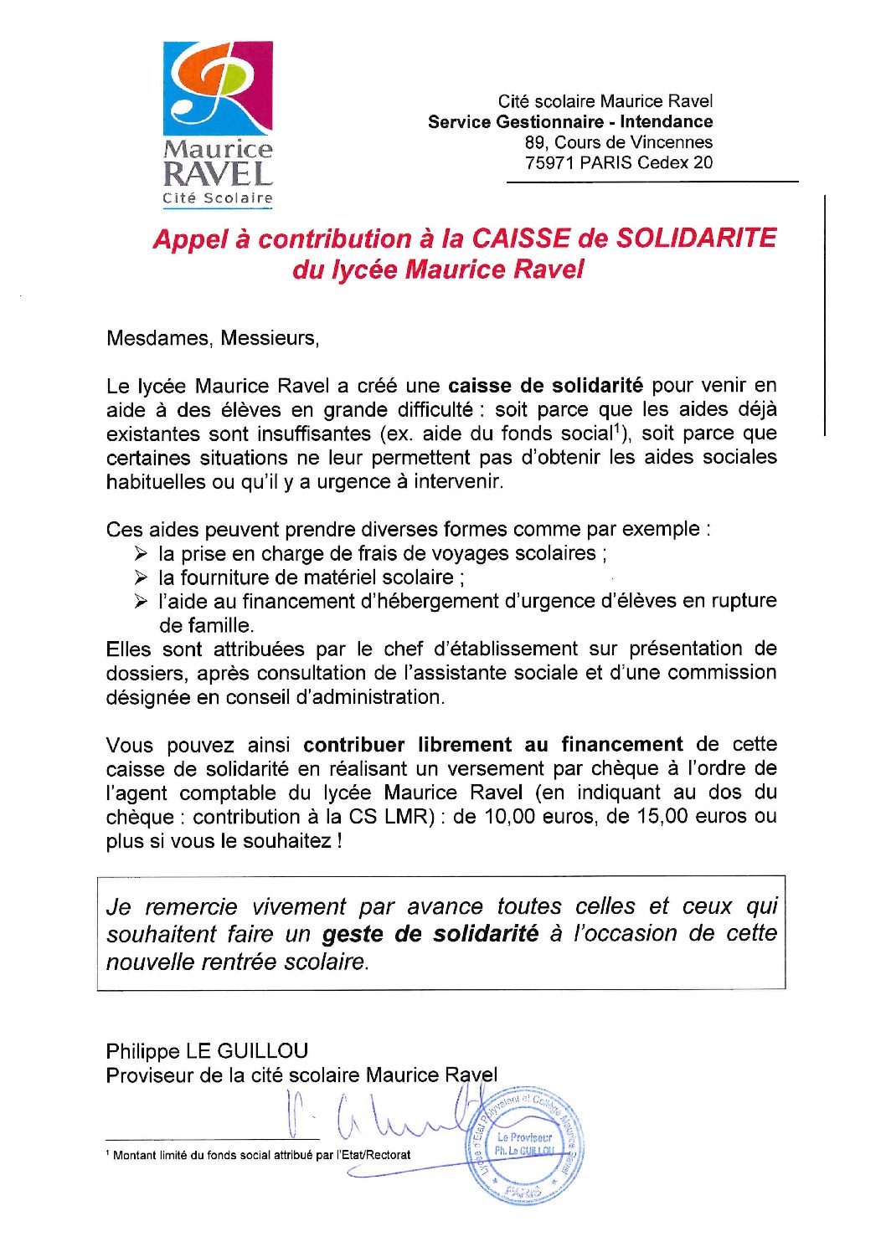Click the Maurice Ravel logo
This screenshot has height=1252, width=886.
(x=218, y=124)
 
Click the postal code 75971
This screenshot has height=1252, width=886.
(x=549, y=163)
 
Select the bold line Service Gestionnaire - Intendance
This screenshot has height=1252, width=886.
(x=570, y=122)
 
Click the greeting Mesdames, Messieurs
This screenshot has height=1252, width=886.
(x=213, y=339)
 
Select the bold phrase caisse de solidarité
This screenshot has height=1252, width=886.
(x=545, y=386)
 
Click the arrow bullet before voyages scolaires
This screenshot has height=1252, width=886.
(x=141, y=554)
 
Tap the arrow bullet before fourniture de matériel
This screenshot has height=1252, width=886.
(x=141, y=577)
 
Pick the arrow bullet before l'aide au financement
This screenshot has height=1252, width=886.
(x=141, y=602)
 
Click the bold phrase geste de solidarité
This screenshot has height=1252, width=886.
(x=430, y=934)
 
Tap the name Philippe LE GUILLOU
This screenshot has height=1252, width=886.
(x=207, y=1051)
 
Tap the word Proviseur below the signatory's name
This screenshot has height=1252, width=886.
(x=149, y=1075)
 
